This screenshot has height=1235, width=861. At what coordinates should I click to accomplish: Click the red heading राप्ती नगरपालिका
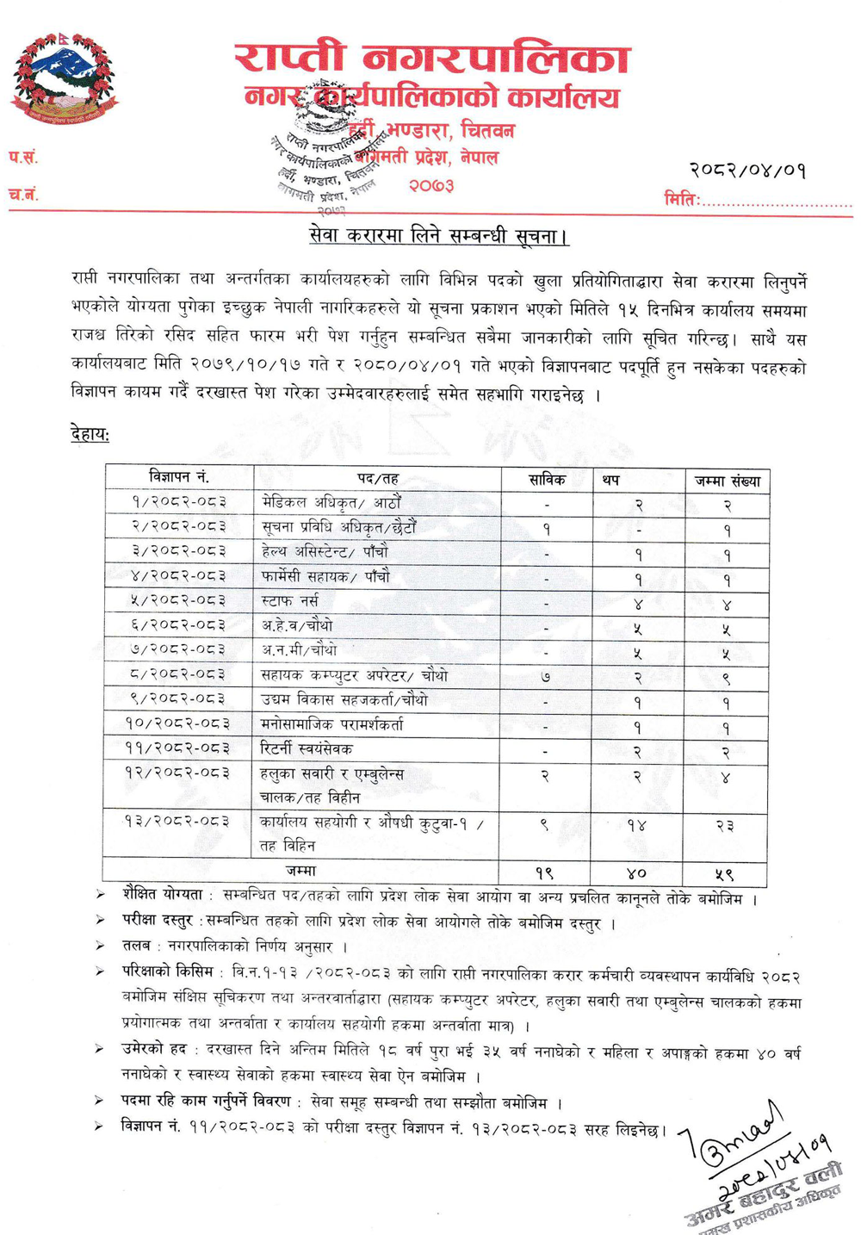(432, 59)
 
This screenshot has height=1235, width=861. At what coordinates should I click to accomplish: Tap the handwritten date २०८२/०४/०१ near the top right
(747, 170)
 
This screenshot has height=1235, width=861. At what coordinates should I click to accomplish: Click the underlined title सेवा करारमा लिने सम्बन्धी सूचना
(438, 236)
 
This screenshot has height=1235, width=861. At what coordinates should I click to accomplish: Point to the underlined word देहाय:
(90, 435)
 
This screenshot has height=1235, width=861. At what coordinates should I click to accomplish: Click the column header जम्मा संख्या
(727, 481)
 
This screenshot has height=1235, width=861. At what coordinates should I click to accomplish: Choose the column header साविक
(547, 480)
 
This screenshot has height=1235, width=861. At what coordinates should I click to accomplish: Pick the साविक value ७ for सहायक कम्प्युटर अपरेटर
(546, 677)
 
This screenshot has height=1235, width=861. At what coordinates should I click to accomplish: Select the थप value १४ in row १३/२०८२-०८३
(637, 825)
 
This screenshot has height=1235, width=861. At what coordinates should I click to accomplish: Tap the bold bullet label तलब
(136, 946)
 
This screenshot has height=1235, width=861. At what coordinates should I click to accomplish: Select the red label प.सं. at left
(23, 157)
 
